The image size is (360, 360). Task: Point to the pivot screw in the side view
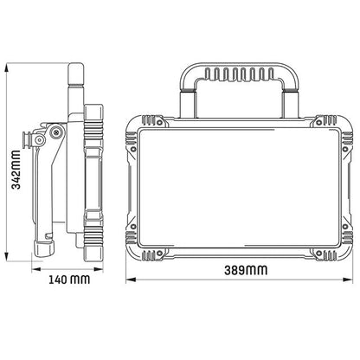56,132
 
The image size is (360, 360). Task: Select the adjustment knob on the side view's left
37,138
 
